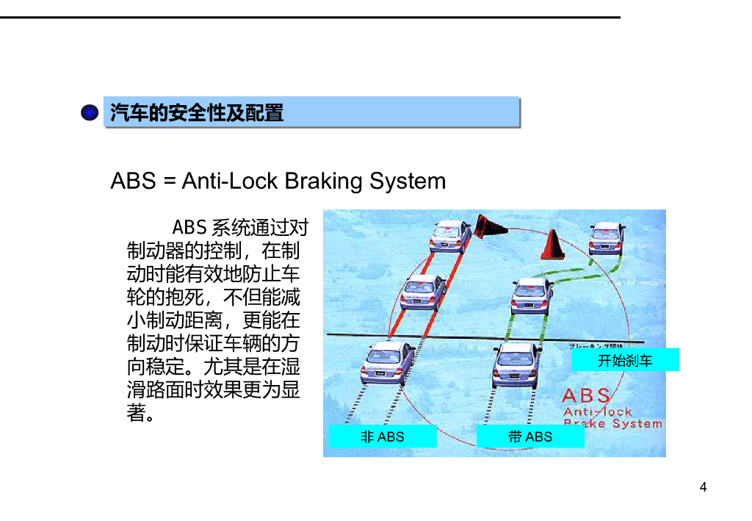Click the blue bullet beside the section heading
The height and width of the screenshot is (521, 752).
pyautogui.click(x=90, y=113)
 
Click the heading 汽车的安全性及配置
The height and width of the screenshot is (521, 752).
pyautogui.click(x=197, y=113)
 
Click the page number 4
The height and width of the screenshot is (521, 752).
pyautogui.click(x=703, y=487)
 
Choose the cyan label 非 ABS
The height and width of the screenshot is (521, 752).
pyautogui.click(x=382, y=436)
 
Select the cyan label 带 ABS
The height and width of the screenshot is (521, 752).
pyautogui.click(x=530, y=436)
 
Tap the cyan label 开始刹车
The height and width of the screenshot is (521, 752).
pyautogui.click(x=625, y=360)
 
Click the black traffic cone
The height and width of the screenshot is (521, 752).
pyautogui.click(x=488, y=226)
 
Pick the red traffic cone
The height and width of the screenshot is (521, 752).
pyautogui.click(x=552, y=245)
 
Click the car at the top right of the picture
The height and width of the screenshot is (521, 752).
pyautogui.click(x=606, y=237)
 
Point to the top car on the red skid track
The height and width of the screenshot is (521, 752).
pyautogui.click(x=450, y=236)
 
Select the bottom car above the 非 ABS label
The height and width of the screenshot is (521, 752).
pyautogui.click(x=387, y=362)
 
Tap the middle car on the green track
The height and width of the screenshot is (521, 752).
pyautogui.click(x=530, y=295)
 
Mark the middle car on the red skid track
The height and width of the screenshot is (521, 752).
pyautogui.click(x=423, y=292)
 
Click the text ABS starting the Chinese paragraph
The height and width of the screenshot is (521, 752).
pyautogui.click(x=189, y=227)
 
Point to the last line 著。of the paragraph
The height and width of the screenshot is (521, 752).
pyautogui.click(x=140, y=413)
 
